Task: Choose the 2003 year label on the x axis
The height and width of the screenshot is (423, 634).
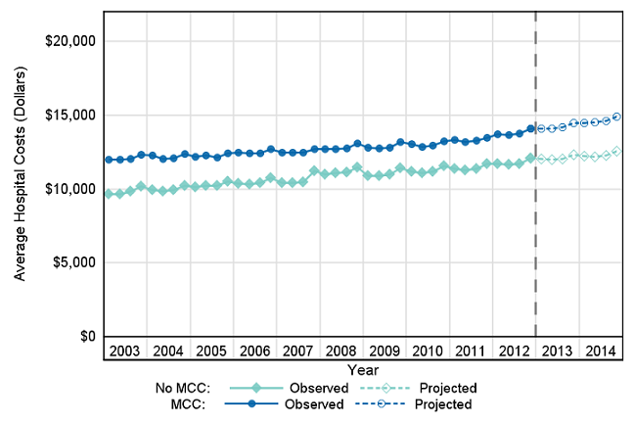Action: (124, 351)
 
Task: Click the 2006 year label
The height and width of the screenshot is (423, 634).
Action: (254, 351)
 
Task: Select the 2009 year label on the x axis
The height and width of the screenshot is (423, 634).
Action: (384, 351)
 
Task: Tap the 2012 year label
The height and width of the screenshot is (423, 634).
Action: (513, 351)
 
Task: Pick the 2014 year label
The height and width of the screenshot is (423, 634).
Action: (599, 351)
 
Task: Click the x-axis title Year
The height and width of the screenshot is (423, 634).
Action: (362, 370)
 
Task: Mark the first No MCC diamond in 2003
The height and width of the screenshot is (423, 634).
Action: (109, 194)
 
